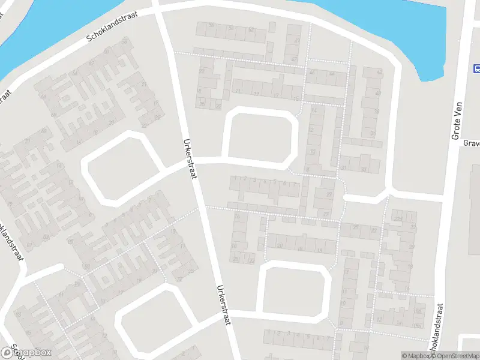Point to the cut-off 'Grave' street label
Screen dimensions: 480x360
point(472,143)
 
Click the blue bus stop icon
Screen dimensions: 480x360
point(477,68)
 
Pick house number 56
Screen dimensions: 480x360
point(211,25)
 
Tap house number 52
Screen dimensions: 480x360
point(251,29)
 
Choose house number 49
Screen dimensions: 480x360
point(297,40)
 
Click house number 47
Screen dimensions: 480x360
point(294,59)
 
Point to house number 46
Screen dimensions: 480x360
point(311,72)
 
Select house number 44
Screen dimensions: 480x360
point(332,73)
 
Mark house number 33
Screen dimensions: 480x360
point(364,170)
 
